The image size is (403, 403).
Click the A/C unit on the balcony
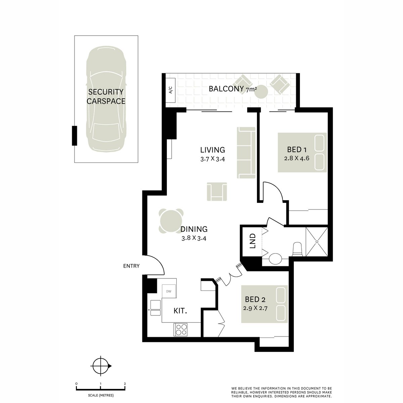tap(170, 90)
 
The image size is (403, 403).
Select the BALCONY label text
tap(226, 89)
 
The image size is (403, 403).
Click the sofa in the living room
tap(246, 152)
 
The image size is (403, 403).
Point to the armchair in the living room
tap(217, 192)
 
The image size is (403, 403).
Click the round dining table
tap(172, 221)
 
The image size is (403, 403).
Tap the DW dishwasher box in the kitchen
tap(169, 291)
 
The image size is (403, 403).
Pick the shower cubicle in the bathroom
tap(316, 242)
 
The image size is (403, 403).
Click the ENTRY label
tap(131, 266)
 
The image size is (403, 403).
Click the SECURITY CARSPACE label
tap(106, 96)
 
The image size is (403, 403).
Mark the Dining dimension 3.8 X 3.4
tap(193, 238)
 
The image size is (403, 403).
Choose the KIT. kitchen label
tap(180, 311)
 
